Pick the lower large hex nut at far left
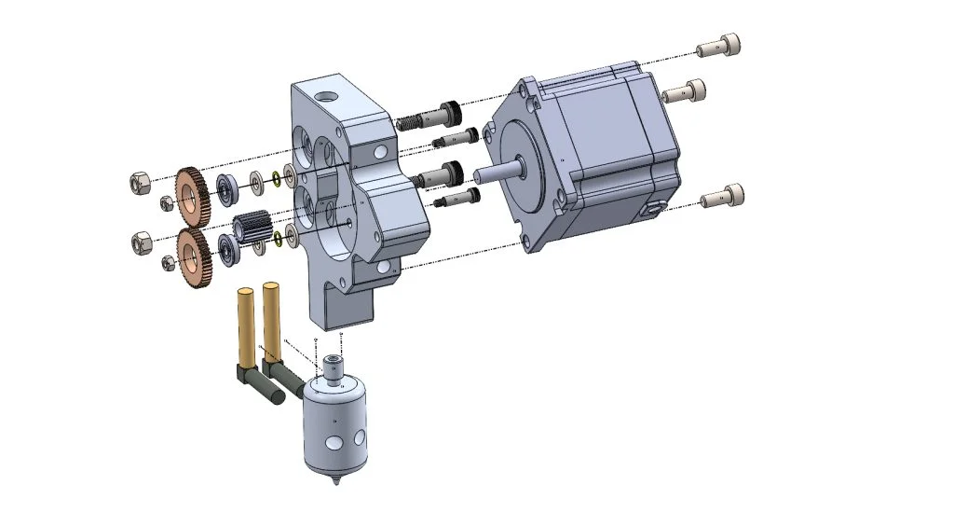141,242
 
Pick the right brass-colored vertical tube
272,317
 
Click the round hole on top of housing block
325,96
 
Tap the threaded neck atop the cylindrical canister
332,367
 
